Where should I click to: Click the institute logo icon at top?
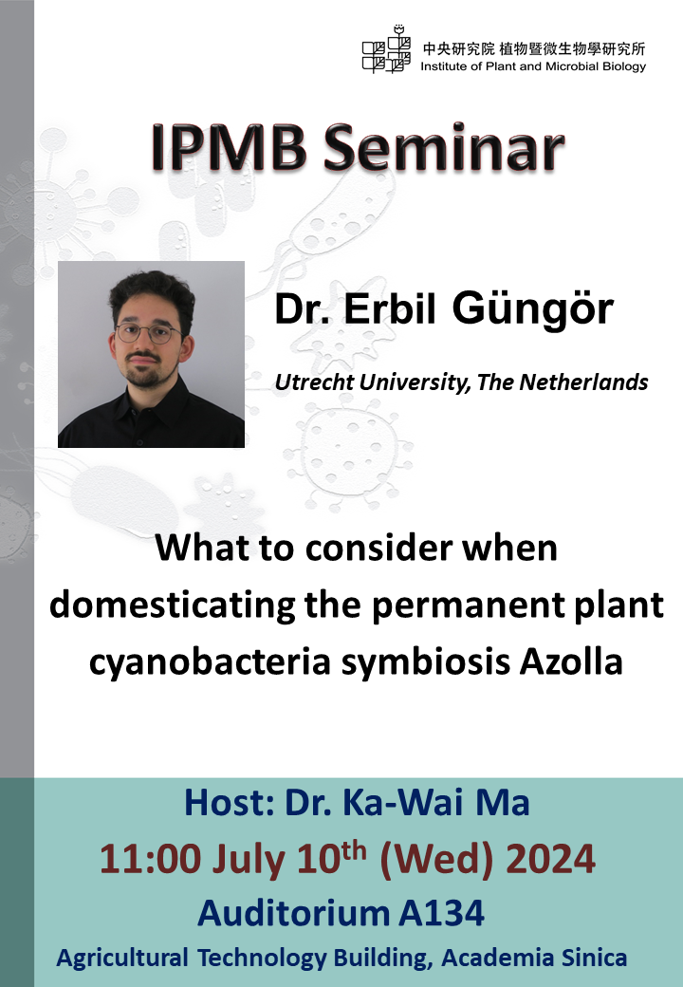[386, 49]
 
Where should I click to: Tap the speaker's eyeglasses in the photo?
[147, 333]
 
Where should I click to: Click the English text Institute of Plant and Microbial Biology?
[533, 66]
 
